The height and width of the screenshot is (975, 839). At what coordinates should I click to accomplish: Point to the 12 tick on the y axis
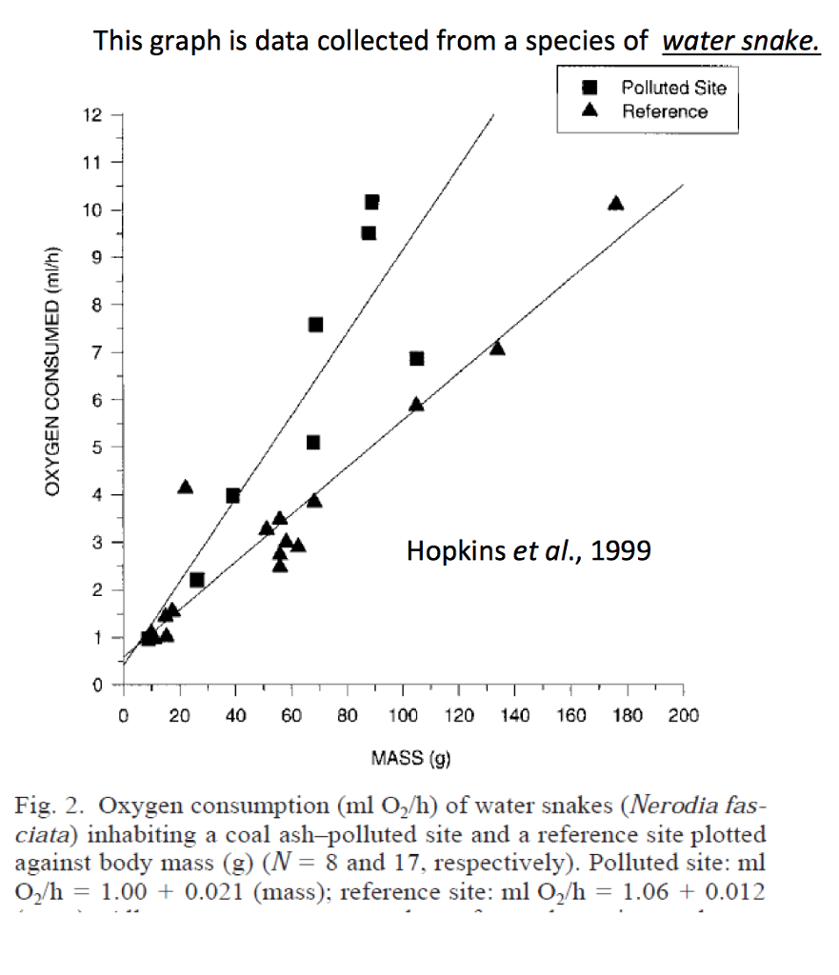(x=92, y=115)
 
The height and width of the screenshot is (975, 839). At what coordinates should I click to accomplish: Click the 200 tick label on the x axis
(x=683, y=716)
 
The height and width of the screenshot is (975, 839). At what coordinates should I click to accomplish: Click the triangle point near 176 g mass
(x=615, y=203)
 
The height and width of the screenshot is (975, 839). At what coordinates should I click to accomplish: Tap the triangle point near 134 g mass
(x=497, y=348)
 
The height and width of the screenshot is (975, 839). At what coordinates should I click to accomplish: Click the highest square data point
(x=371, y=202)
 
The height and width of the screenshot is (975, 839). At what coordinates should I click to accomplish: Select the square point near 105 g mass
(x=416, y=358)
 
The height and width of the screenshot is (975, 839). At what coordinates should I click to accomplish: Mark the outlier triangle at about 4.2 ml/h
(x=186, y=487)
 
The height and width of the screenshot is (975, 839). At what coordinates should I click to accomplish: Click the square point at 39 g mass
(x=232, y=495)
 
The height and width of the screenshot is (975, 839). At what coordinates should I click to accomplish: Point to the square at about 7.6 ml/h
(x=315, y=325)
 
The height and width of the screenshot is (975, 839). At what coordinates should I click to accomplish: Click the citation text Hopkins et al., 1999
(x=529, y=550)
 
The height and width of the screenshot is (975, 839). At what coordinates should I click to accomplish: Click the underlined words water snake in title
(x=740, y=42)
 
